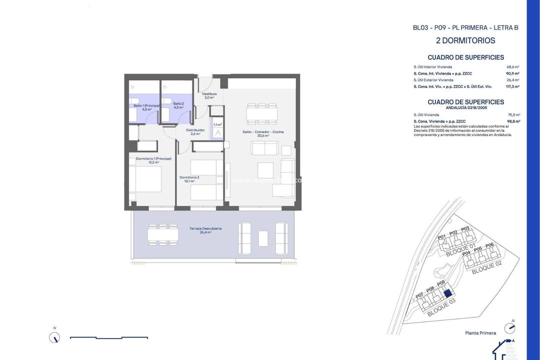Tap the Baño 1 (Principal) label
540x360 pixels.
tap(146, 106)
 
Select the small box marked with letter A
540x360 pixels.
tap(217, 133)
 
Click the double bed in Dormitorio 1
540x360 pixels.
tap(145, 179)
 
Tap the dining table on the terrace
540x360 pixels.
tap(163, 234)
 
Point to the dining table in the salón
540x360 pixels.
tap(261, 114)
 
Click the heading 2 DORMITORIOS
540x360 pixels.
tap(465, 40)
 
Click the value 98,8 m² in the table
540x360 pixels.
tap(513, 121)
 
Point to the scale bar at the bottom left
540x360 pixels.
tap(108, 338)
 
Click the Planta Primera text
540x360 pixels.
tap(480, 333)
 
